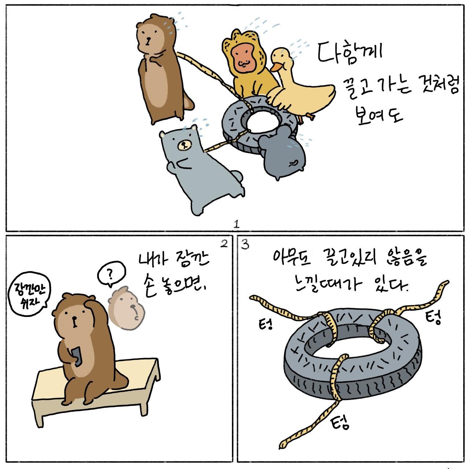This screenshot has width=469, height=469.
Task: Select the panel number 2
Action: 224,244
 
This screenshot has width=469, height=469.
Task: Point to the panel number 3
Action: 245,244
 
